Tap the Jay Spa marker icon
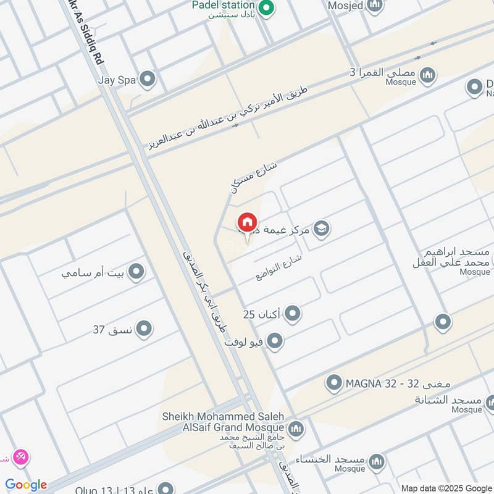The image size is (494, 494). (147, 79)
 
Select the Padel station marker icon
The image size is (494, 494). (266, 9)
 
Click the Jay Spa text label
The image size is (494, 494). (116, 79)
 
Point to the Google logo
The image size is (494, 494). (26, 485)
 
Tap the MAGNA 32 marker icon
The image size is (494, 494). (334, 383)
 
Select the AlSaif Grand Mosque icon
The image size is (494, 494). (296, 428)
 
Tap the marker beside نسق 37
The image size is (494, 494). (144, 329)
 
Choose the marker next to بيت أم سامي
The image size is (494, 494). (136, 271)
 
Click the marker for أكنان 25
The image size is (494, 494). (292, 314)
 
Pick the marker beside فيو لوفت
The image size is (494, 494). (275, 341)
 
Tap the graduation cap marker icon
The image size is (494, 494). (321, 228)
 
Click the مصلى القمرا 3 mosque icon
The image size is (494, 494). (428, 76)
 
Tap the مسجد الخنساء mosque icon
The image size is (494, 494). (375, 461)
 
